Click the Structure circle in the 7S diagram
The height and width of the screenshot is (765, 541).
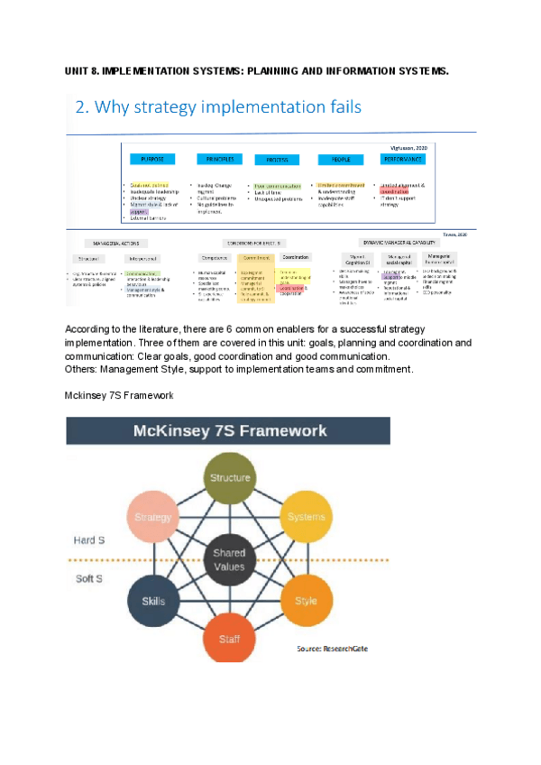pos(230,477)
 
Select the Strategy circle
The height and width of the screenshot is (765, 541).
pos(153,517)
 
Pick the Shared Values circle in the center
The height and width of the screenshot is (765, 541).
pos(230,560)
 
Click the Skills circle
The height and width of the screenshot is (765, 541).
pos(153,601)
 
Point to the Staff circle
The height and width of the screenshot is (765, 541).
pos(230,639)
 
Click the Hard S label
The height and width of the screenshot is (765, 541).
pos(89,539)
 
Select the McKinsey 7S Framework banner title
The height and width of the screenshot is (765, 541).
pos(230,431)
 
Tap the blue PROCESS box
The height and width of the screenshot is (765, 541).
pos(278,160)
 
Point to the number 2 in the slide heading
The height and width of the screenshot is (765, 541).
pos(80,107)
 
